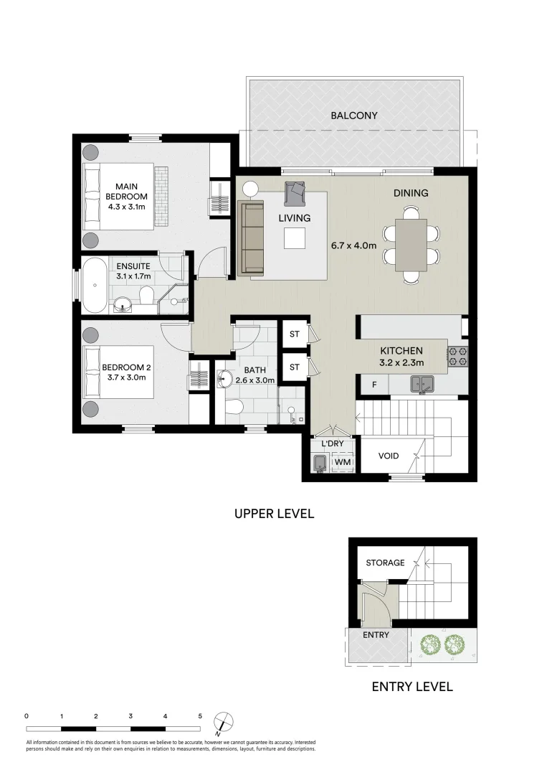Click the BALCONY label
(353, 115)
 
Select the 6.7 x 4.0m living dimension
(353, 245)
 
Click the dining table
(411, 245)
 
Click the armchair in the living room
(295, 193)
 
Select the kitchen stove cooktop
(458, 355)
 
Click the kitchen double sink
(423, 385)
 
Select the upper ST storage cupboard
(294, 334)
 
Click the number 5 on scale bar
(200, 716)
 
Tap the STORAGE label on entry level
(385, 563)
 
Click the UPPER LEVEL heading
(275, 514)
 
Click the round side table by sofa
(250, 189)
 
